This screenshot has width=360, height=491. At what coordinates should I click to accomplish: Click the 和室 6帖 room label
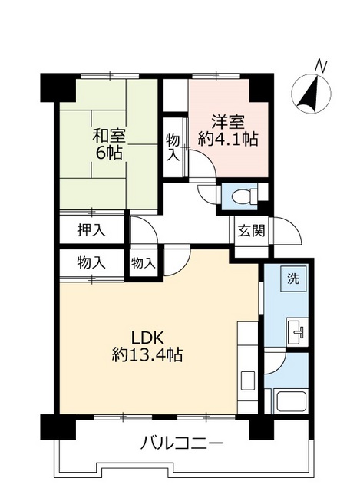(x=108, y=145)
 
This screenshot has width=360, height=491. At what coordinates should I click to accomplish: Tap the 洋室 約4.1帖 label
(x=228, y=130)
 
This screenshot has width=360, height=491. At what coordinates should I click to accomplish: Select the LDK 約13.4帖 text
(x=147, y=346)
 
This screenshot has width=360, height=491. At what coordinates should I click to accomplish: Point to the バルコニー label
(x=181, y=443)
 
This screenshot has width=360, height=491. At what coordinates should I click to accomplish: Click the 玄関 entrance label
(x=251, y=231)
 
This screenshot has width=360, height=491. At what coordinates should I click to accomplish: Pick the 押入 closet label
(x=91, y=231)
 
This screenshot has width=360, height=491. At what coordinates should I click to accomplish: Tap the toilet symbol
(x=243, y=196)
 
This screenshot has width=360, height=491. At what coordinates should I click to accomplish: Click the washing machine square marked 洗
(x=293, y=278)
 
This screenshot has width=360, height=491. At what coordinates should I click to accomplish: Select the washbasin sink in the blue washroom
(x=296, y=332)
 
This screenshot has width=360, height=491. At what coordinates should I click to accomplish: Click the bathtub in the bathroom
(x=292, y=402)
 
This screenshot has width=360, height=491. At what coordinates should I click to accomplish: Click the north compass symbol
(x=311, y=94)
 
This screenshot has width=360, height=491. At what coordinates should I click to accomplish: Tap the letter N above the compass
(x=321, y=66)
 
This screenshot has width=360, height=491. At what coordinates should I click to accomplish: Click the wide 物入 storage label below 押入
(x=91, y=262)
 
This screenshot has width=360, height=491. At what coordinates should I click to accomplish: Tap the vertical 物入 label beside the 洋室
(x=173, y=147)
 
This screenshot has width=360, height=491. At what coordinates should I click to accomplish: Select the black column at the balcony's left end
(x=58, y=427)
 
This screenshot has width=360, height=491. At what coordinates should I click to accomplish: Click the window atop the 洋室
(x=216, y=76)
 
